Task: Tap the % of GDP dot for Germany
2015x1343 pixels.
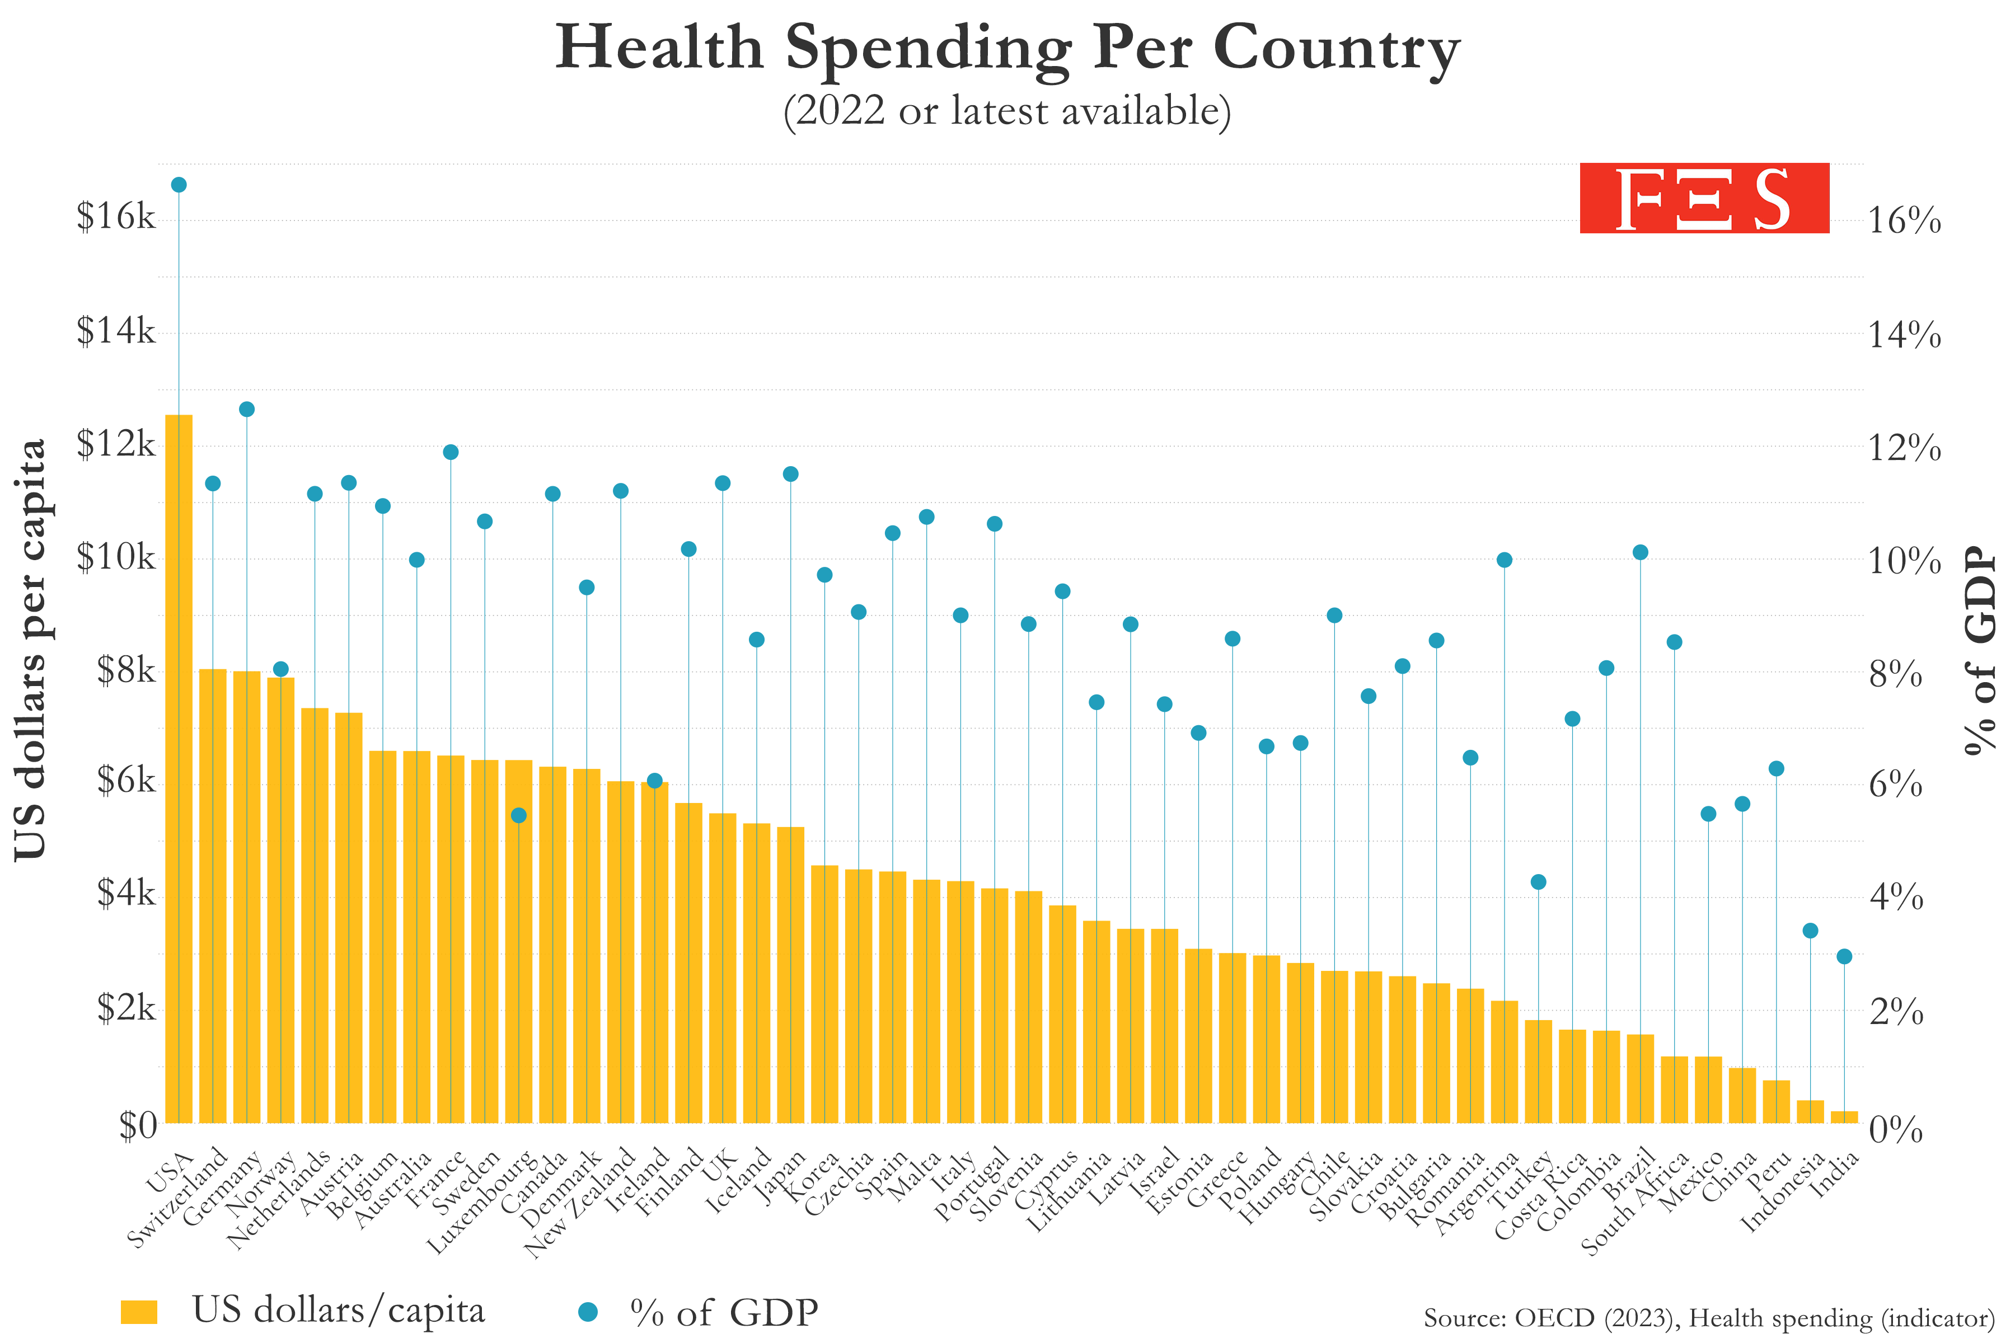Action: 247,410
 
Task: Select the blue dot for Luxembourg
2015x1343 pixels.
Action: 518,815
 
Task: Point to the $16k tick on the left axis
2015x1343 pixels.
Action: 116,217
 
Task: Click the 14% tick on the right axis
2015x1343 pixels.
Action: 1904,335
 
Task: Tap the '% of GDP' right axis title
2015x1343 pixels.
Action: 1981,651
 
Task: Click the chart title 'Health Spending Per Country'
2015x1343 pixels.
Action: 1007,48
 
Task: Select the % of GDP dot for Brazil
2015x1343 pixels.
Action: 1640,552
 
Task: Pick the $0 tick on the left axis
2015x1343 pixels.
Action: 137,1125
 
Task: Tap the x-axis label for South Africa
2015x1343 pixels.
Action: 1634,1204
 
